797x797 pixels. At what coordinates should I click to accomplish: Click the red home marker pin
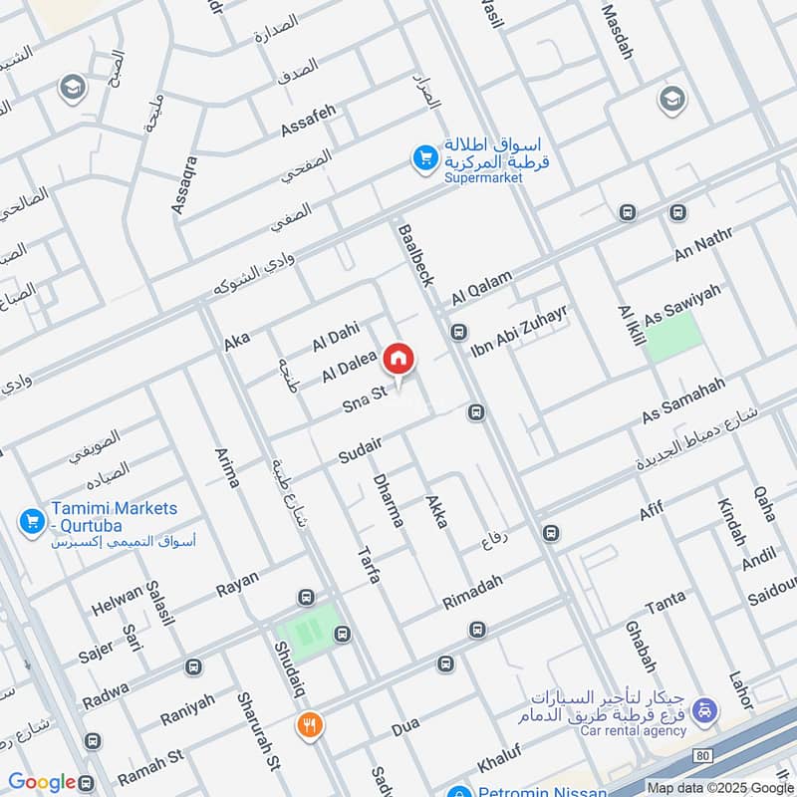pyautogui.click(x=398, y=359)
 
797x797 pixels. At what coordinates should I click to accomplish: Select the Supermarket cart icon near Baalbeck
pyautogui.click(x=425, y=156)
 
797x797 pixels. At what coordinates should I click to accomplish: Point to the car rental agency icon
pyautogui.click(x=704, y=710)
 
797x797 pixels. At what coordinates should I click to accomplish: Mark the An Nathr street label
pyautogui.click(x=703, y=244)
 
